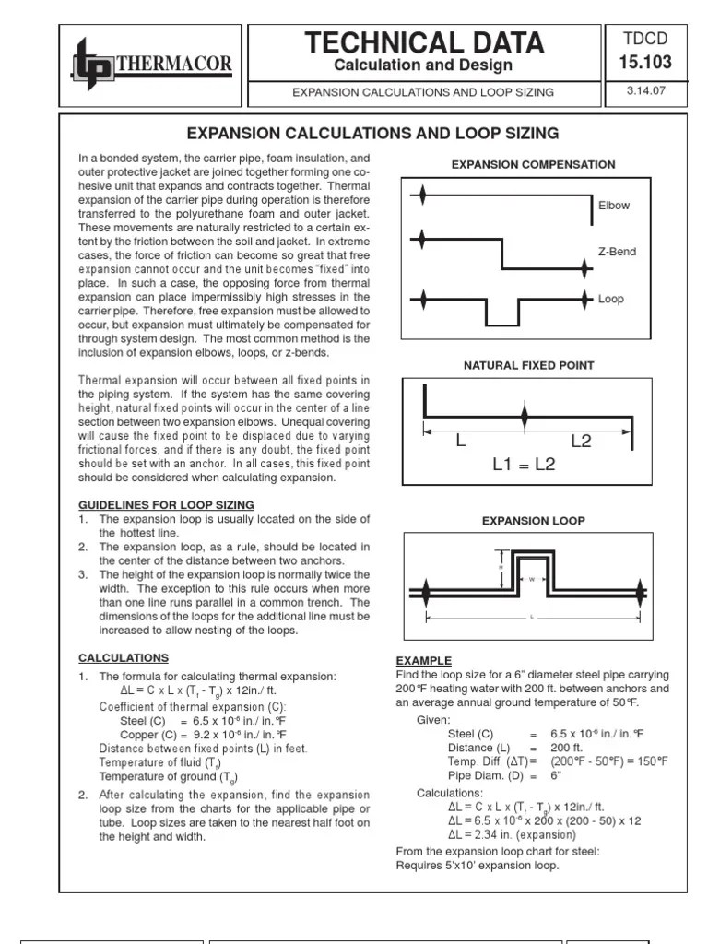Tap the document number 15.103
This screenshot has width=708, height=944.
point(646,63)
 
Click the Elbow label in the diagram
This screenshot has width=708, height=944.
point(614,206)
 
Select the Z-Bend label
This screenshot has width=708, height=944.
point(617,252)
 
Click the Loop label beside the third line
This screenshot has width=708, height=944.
point(611,300)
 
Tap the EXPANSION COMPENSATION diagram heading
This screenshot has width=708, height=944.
point(533,164)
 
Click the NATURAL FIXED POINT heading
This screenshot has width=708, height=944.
point(528,365)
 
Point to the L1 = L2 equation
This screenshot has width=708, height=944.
point(524,465)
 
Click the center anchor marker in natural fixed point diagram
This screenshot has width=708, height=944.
point(525,418)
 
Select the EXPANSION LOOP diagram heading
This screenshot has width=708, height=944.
point(533,521)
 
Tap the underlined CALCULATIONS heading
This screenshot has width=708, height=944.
point(124,658)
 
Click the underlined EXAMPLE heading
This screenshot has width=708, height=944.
point(424,661)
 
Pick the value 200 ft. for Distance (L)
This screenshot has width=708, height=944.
point(567,748)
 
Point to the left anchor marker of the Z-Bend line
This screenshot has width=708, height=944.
point(422,240)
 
